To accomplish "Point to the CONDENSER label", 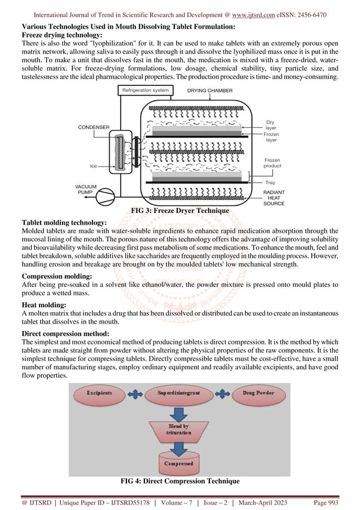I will pyautogui.click(x=93, y=128).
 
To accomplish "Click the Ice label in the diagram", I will pyautogui.click(x=94, y=166).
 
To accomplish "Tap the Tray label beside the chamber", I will pyautogui.click(x=270, y=182).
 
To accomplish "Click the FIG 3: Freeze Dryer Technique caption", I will pyautogui.click(x=179, y=211).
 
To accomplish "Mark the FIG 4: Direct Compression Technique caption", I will pyautogui.click(x=179, y=481).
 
